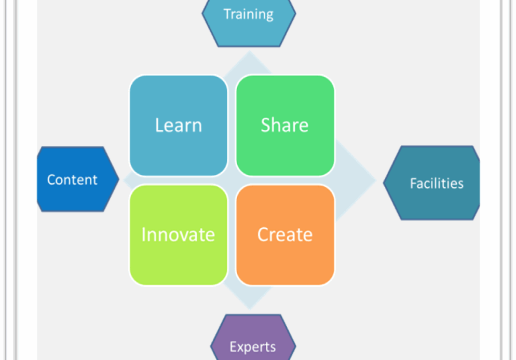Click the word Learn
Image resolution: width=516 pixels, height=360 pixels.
click(x=179, y=125)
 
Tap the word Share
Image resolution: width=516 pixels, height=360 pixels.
click(x=284, y=125)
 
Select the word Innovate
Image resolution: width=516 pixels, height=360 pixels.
click(x=178, y=234)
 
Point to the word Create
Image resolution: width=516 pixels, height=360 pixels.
click(x=284, y=234)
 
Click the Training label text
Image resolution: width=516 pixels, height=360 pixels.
click(x=249, y=15)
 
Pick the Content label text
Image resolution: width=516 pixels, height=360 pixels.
click(x=72, y=180)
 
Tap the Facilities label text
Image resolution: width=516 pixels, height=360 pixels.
click(x=437, y=184)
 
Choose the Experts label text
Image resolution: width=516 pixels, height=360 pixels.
click(x=253, y=347)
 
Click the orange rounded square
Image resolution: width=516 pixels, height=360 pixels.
click(x=286, y=235)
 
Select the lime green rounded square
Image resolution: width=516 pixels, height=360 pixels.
click(x=179, y=235)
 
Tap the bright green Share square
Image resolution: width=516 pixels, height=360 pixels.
click(x=286, y=125)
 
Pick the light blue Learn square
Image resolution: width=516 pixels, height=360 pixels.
click(x=179, y=125)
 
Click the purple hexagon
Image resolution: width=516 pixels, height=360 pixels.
click(x=253, y=337)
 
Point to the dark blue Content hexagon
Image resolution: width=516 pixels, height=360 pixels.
click(x=78, y=179)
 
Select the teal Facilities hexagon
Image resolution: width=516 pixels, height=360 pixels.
click(x=431, y=183)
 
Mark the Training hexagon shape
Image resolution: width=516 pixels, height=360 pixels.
click(x=249, y=23)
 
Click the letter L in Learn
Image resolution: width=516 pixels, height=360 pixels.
click(x=159, y=125)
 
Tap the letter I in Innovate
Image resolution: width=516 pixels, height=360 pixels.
click(x=143, y=234)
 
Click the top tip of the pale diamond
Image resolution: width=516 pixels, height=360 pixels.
click(x=250, y=51)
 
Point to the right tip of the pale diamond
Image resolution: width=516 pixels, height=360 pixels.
click(x=375, y=180)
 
